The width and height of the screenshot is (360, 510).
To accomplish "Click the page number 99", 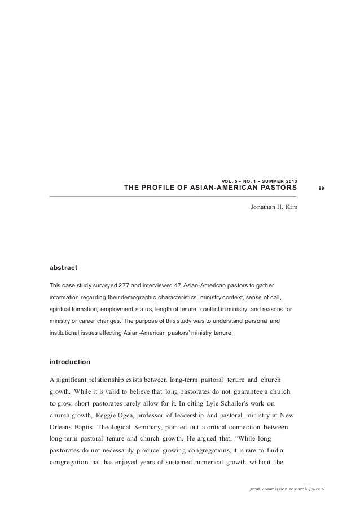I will coord(321,188).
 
